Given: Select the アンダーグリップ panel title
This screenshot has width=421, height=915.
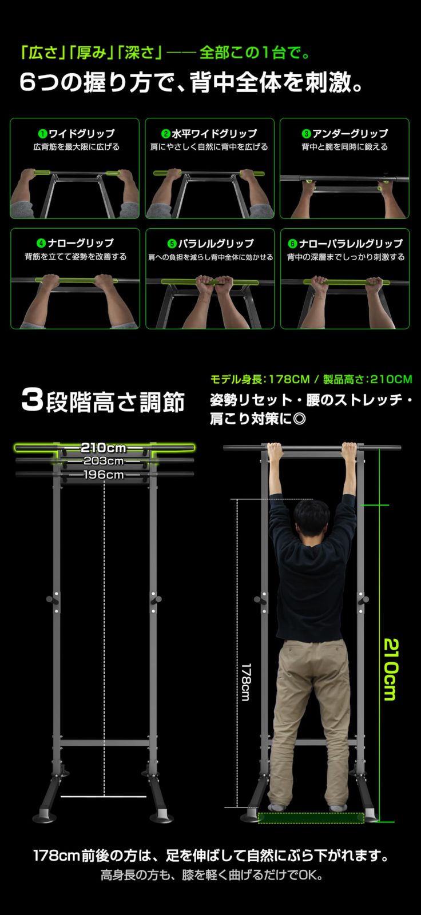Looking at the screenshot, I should pos(345,133).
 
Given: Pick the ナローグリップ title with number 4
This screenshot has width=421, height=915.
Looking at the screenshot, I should pos(76,243).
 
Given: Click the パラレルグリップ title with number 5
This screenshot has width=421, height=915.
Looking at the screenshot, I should pos(210,243).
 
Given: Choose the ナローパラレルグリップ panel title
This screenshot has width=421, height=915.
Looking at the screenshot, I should pos(345,243).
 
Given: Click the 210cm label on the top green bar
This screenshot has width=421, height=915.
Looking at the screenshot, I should pos(104,447).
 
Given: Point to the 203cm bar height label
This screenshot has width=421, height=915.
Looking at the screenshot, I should pos(104,461).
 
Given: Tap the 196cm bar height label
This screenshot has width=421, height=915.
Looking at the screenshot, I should pos(104,475).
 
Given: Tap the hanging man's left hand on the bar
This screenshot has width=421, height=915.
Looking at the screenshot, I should pos(275,452).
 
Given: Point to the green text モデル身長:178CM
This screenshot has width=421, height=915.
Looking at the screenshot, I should pos(260,379).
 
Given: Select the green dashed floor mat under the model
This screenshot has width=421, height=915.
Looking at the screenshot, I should pos(311,818).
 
